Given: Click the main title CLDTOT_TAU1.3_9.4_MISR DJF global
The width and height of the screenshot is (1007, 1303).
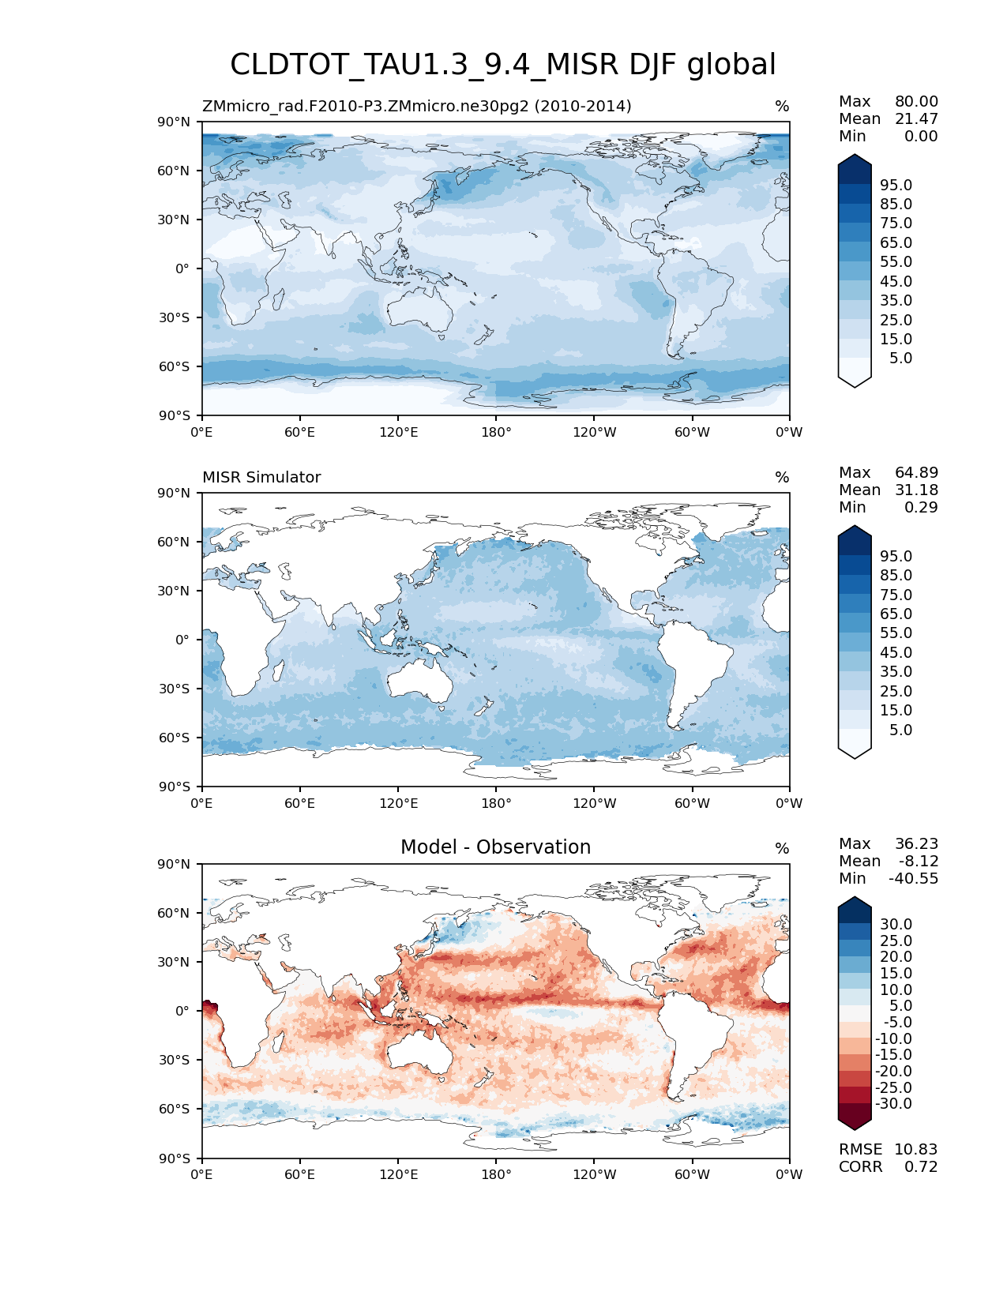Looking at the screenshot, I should coord(503,65).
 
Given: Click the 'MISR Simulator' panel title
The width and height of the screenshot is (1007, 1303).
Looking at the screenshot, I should coord(261,478).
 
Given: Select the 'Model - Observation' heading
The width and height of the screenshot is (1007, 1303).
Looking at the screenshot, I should coord(495,847).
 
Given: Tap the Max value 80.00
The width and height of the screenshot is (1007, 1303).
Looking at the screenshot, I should coord(916,102).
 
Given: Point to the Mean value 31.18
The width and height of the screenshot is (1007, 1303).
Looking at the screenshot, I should coord(916,490).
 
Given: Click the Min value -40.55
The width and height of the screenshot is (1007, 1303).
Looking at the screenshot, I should coord(913,879).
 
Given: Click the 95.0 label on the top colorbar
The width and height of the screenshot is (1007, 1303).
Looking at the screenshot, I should coord(896,186).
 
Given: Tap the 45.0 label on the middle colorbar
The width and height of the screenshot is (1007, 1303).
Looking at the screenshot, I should coord(896,653).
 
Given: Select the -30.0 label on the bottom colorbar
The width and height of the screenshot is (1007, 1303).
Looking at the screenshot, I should coord(893,1104).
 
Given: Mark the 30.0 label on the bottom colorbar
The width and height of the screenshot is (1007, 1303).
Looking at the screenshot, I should coord(896,925).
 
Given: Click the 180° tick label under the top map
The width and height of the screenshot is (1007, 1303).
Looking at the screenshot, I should coord(496,433).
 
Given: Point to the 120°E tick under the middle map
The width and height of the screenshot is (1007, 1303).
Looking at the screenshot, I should coord(398,804).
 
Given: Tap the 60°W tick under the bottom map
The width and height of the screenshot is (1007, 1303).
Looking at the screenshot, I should coord(692,1175).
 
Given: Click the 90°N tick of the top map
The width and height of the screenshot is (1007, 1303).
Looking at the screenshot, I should coord(175,122).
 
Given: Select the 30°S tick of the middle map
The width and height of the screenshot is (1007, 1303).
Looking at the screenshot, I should coord(175,689).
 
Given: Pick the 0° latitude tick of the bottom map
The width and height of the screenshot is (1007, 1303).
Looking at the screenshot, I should coord(182,1011).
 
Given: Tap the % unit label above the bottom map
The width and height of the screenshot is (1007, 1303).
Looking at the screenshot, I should coord(782,849).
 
